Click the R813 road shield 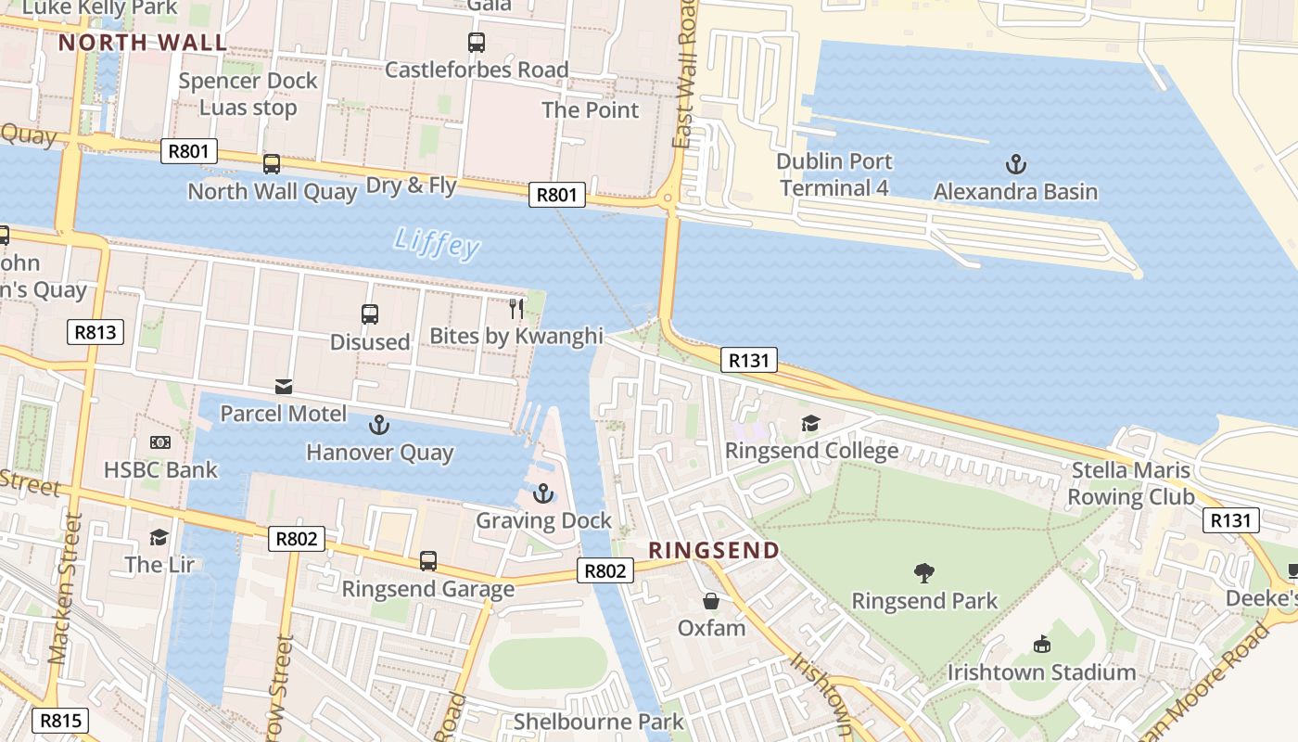(95, 332)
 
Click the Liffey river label (437, 243)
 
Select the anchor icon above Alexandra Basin (1016, 166)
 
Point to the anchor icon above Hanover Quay (378, 426)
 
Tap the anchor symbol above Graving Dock (542, 493)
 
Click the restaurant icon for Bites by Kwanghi (516, 309)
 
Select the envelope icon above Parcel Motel (283, 386)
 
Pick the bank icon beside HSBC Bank (160, 443)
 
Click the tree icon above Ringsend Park (923, 573)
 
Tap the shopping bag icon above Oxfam (710, 601)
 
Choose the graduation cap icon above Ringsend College (810, 424)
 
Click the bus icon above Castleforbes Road (476, 42)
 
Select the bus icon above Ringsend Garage (427, 561)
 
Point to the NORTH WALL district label (143, 43)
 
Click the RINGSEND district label (713, 551)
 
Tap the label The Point (590, 110)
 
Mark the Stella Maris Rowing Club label (1130, 483)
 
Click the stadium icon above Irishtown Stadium (1041, 645)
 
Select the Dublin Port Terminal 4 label (834, 174)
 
